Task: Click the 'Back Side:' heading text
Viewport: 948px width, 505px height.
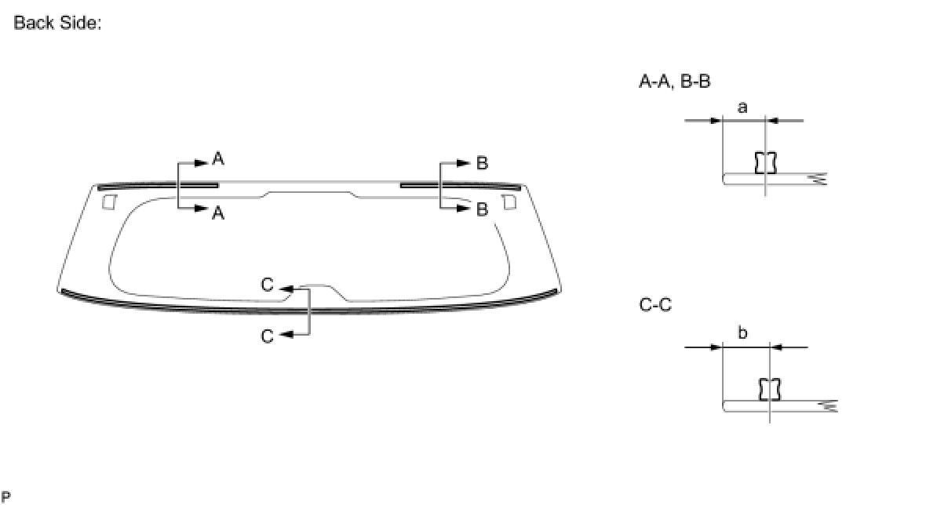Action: pyautogui.click(x=57, y=23)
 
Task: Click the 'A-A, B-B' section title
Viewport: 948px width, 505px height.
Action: pyautogui.click(x=674, y=81)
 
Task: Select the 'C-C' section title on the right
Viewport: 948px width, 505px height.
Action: pyautogui.click(x=655, y=305)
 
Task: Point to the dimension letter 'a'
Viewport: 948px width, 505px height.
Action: pyautogui.click(x=742, y=107)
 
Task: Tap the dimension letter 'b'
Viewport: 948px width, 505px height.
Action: pyautogui.click(x=742, y=333)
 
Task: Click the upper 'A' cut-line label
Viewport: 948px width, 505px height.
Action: pyautogui.click(x=218, y=159)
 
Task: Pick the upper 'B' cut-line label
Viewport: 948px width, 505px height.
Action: pyautogui.click(x=482, y=163)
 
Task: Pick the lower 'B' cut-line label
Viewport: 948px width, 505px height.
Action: pyautogui.click(x=482, y=209)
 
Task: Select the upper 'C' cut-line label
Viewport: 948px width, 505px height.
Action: pyautogui.click(x=267, y=285)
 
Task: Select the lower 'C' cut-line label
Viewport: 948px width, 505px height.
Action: pyautogui.click(x=267, y=336)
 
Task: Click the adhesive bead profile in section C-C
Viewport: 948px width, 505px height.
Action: pyautogui.click(x=770, y=389)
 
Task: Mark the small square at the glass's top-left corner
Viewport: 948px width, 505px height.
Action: pyautogui.click(x=109, y=202)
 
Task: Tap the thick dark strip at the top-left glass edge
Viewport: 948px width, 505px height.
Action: pyautogui.click(x=158, y=186)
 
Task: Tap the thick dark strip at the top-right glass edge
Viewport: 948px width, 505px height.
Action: pyautogui.click(x=460, y=186)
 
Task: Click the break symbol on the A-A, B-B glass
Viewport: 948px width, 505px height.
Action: pyautogui.click(x=819, y=179)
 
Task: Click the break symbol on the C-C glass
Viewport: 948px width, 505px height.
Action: pyautogui.click(x=828, y=405)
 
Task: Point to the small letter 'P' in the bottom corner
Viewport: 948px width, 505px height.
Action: pyautogui.click(x=5, y=496)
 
